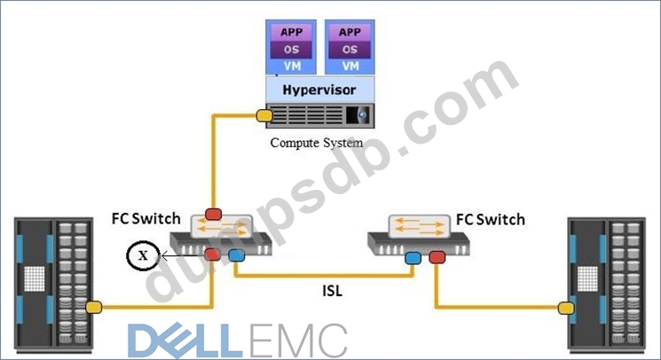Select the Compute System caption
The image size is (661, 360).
click(317, 142)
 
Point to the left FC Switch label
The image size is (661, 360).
click(146, 218)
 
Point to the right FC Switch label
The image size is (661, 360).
click(490, 219)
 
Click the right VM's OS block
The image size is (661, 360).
click(350, 50)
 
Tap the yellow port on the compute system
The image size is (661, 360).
click(264, 114)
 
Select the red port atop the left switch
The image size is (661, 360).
click(214, 215)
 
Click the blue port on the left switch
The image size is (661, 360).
click(236, 256)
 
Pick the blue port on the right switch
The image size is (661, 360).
click(413, 258)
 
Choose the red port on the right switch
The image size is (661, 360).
click(436, 258)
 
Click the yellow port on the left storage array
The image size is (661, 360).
click(94, 307)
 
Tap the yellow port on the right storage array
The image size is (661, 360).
click(562, 308)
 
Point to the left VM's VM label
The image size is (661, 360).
click(291, 66)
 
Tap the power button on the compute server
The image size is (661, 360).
click(362, 114)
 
